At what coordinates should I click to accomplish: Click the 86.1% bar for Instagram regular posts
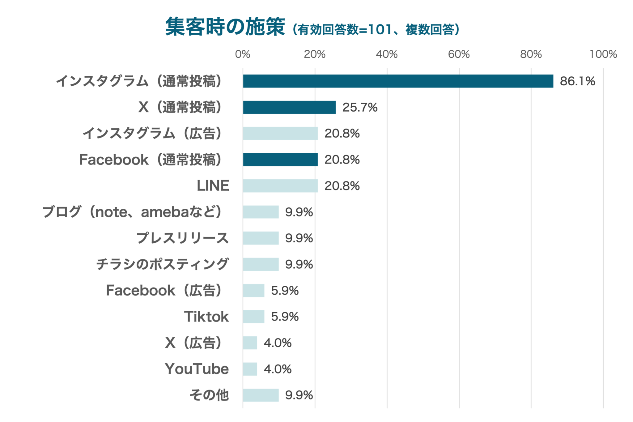click(x=398, y=81)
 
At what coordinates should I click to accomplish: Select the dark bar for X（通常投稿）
click(x=289, y=107)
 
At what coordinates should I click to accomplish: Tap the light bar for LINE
click(x=280, y=186)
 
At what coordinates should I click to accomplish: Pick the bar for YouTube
click(x=250, y=369)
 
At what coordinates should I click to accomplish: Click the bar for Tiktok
click(x=254, y=317)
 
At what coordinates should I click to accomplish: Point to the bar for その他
click(x=261, y=395)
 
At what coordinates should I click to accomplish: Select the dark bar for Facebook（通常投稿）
click(x=280, y=160)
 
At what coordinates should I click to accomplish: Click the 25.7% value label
click(x=360, y=108)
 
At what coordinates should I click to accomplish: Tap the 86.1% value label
click(x=577, y=81)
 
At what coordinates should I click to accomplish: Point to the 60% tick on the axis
click(x=459, y=54)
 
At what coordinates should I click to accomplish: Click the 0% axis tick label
click(x=243, y=54)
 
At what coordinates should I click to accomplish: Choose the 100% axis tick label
click(x=603, y=54)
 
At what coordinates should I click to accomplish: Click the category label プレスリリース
click(x=183, y=238)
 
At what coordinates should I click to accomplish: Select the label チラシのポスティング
click(x=163, y=264)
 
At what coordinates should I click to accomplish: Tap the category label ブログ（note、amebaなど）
click(x=132, y=212)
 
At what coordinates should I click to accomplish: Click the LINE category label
click(x=213, y=186)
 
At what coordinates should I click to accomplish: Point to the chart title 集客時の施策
click(x=225, y=27)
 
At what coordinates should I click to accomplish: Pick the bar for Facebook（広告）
click(x=254, y=291)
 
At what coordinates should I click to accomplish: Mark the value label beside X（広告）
click(x=278, y=343)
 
